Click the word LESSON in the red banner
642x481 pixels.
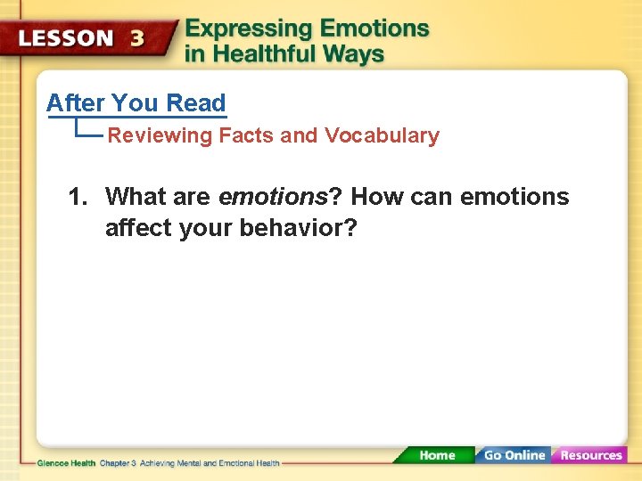click(67, 38)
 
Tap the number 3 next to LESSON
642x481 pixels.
click(138, 38)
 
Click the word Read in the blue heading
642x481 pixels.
click(195, 103)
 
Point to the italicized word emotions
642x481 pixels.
click(273, 197)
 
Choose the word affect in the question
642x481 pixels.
click(138, 229)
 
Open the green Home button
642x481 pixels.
click(436, 455)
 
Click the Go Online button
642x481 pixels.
click(514, 455)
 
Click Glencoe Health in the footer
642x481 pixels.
click(66, 463)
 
